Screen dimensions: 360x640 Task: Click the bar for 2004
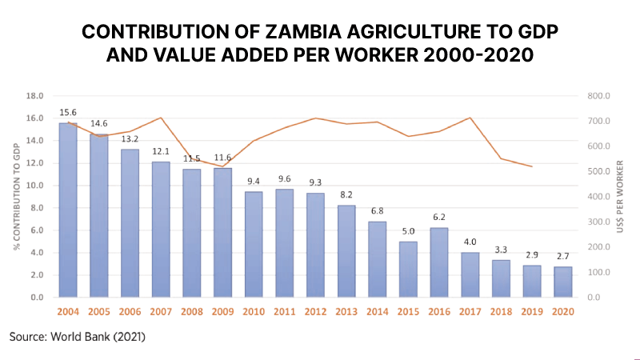(x=68, y=210)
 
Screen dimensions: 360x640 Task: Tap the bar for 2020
(x=562, y=282)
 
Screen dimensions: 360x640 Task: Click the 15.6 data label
(x=68, y=112)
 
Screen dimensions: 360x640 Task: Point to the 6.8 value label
(x=377, y=211)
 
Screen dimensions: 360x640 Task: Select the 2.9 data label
(x=531, y=254)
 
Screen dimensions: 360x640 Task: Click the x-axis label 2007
(x=161, y=311)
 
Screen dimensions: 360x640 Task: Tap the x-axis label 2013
(x=346, y=311)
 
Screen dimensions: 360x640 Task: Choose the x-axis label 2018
(x=501, y=311)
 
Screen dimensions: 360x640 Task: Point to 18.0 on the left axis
(x=35, y=96)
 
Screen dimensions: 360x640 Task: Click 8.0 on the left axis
(x=37, y=208)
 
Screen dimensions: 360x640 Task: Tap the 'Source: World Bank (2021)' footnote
(x=78, y=337)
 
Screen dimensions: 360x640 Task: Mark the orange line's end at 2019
(x=531, y=166)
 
